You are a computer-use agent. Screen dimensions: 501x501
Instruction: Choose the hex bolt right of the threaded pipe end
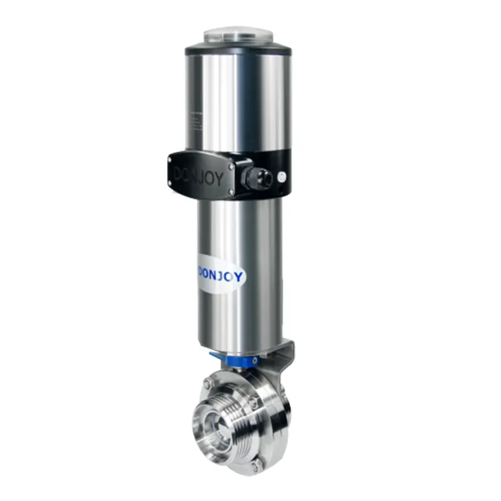(x=252, y=398)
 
